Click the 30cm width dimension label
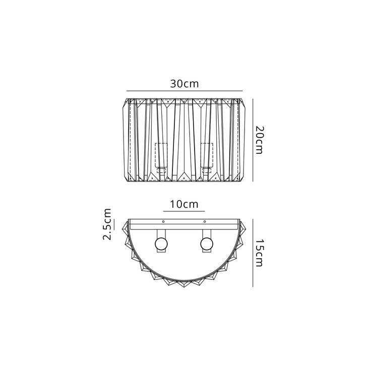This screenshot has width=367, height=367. point(185,84)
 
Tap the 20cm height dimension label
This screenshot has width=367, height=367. point(259,140)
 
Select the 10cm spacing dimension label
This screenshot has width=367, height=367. point(184,204)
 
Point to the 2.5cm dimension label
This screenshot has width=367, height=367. point(107,224)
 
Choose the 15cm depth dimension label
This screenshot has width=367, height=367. point(259,253)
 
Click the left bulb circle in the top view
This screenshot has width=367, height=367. point(161,244)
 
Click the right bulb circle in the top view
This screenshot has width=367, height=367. point(207,244)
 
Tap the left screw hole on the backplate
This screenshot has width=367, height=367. point(163,221)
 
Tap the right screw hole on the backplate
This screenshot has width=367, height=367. point(205,221)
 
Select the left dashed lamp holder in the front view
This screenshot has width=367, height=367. point(161,155)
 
